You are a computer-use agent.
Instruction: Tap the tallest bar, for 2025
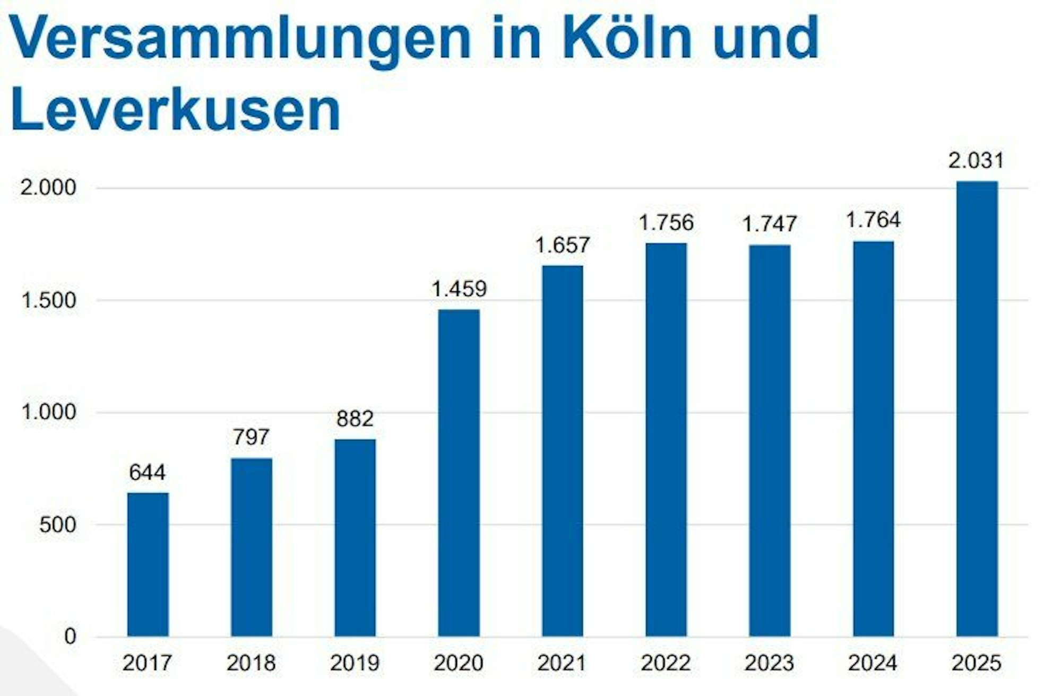(977, 408)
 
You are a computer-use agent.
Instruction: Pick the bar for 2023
(769, 440)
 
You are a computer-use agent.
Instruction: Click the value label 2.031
(976, 160)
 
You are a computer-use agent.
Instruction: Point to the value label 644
(148, 472)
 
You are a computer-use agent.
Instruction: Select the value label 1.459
(459, 289)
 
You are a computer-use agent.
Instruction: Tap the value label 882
(355, 419)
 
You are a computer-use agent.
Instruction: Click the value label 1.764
(873, 220)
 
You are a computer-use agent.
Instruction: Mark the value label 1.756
(666, 222)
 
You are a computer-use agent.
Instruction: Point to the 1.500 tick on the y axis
(49, 300)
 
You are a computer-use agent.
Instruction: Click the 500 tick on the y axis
(57, 525)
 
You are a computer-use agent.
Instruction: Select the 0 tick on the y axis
(70, 637)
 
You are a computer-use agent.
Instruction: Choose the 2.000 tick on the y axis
(49, 188)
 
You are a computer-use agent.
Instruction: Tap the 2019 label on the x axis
(355, 663)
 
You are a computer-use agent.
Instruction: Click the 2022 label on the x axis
(666, 663)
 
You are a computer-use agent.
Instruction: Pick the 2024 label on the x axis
(873, 663)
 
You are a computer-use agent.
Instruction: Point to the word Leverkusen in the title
(175, 110)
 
